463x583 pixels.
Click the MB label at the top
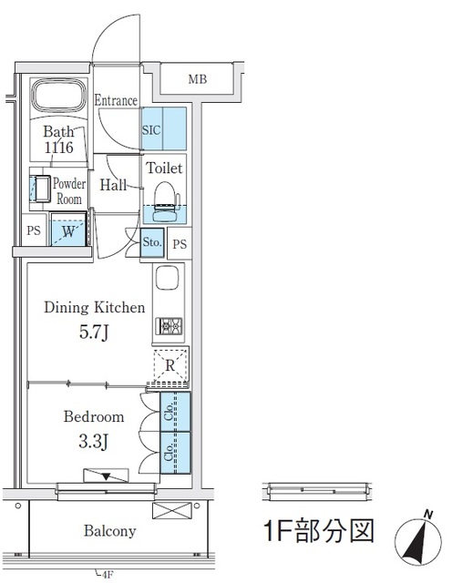(x=198, y=79)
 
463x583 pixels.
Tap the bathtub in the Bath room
(x=58, y=95)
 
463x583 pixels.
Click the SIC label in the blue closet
(x=151, y=130)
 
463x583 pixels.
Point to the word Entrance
(x=116, y=100)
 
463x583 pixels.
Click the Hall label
(x=113, y=185)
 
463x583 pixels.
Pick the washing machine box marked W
(x=68, y=229)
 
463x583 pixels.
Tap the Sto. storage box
(x=152, y=242)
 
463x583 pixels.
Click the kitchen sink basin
(x=168, y=277)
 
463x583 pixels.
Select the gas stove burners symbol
(x=169, y=326)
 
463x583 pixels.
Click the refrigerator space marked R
(x=170, y=365)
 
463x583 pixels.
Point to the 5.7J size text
(x=94, y=332)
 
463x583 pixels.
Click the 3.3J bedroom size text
(x=94, y=442)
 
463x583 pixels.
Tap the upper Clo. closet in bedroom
(x=175, y=412)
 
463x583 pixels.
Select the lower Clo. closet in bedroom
(x=175, y=453)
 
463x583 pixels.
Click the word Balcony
(x=109, y=530)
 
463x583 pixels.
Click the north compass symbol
(x=418, y=537)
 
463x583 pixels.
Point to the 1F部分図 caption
(x=319, y=530)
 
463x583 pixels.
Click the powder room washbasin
(x=40, y=189)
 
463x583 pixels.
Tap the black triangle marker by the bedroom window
(x=107, y=476)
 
